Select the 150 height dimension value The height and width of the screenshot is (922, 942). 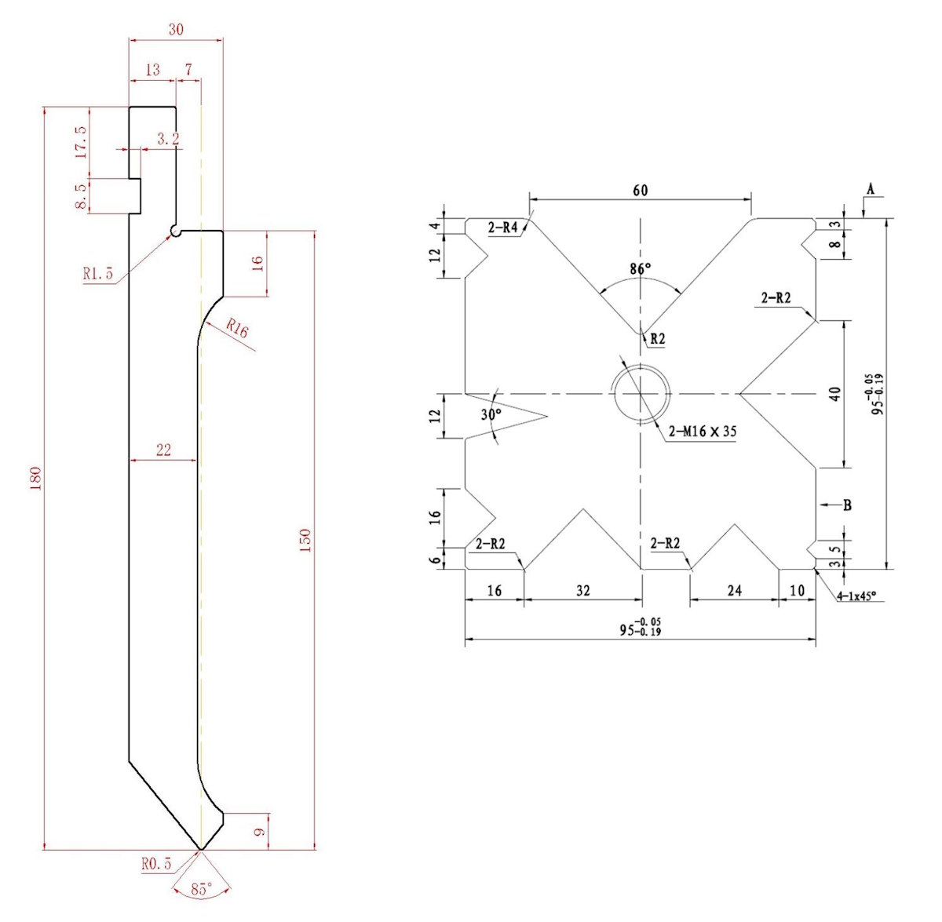[305, 540]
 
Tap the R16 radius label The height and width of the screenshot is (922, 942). [236, 329]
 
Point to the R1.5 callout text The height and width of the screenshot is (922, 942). [98, 274]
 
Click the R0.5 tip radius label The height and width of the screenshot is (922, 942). [156, 864]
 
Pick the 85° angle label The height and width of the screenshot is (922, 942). [202, 889]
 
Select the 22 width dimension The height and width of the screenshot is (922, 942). [163, 450]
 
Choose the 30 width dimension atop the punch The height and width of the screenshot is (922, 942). [176, 30]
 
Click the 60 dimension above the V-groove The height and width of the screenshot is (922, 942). [641, 190]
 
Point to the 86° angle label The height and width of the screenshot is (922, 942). [641, 269]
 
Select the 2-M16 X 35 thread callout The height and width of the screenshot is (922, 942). [702, 431]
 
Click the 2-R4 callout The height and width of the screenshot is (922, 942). [503, 228]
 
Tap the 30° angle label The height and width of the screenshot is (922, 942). [491, 414]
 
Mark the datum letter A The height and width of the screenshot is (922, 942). [870, 188]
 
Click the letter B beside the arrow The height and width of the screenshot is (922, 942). [848, 505]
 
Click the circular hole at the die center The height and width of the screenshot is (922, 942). [641, 392]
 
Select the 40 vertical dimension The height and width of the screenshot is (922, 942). [835, 393]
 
